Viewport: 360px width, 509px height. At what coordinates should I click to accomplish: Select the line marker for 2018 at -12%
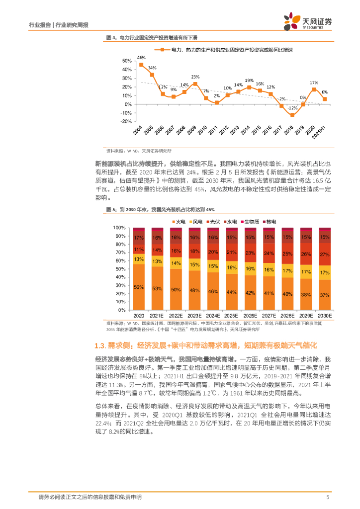tap(292, 115)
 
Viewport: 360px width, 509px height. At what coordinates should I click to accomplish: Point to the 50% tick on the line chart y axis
tap(126, 61)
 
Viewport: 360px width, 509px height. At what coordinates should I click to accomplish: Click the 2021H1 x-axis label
tap(323, 133)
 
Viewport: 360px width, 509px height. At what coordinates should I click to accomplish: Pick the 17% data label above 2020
tap(314, 83)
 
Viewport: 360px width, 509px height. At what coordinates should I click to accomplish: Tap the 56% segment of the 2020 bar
tap(139, 287)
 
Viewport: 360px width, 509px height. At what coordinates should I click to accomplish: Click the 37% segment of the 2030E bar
tap(325, 296)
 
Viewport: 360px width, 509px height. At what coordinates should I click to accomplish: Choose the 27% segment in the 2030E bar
tap(325, 255)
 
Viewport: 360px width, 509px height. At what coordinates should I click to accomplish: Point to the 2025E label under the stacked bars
tap(232, 316)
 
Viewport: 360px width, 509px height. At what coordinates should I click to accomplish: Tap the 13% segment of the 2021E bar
tap(158, 261)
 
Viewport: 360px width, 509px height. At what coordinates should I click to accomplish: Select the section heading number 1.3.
tap(100, 345)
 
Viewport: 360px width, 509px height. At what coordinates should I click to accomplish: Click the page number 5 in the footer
tap(328, 497)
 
